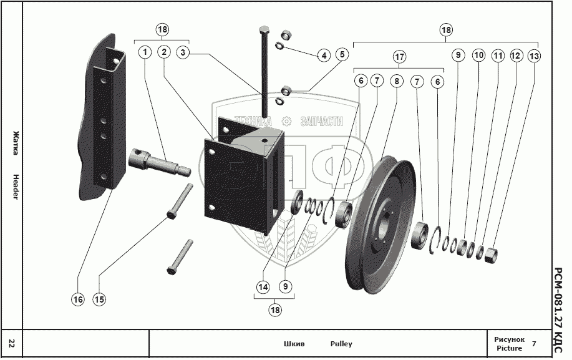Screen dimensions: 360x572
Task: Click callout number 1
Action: point(145,52)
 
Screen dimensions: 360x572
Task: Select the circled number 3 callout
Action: point(183,52)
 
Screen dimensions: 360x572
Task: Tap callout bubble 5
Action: point(341,54)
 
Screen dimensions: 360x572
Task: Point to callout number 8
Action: point(397,80)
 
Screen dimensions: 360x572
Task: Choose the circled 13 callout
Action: point(535,56)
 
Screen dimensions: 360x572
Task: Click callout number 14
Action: point(263,287)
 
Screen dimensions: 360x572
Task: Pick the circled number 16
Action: point(77,299)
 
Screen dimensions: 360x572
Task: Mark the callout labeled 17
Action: point(399,57)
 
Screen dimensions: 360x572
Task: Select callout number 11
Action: point(498,56)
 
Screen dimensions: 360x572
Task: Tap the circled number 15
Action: point(99,299)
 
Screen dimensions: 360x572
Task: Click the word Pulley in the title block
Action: point(341,344)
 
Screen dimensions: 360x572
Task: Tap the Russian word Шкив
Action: point(294,344)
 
